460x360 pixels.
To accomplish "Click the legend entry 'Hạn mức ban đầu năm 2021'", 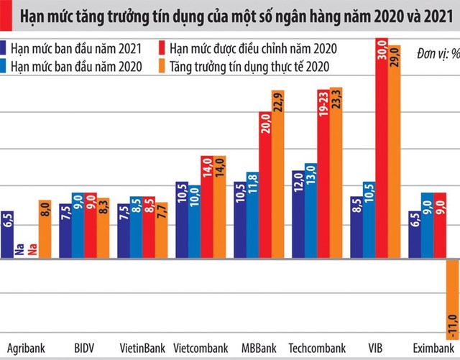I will [x=76, y=50].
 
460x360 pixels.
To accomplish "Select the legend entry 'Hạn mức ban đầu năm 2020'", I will [x=76, y=66].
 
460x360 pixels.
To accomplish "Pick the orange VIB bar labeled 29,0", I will [x=394, y=151].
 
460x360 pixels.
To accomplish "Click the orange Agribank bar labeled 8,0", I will [x=45, y=229].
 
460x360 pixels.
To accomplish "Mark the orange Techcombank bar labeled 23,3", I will [x=336, y=172].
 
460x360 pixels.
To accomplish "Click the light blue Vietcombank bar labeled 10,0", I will [x=194, y=223].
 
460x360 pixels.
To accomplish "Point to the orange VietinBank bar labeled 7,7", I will [x=161, y=231].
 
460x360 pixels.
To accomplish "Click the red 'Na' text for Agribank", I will [x=32, y=251].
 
